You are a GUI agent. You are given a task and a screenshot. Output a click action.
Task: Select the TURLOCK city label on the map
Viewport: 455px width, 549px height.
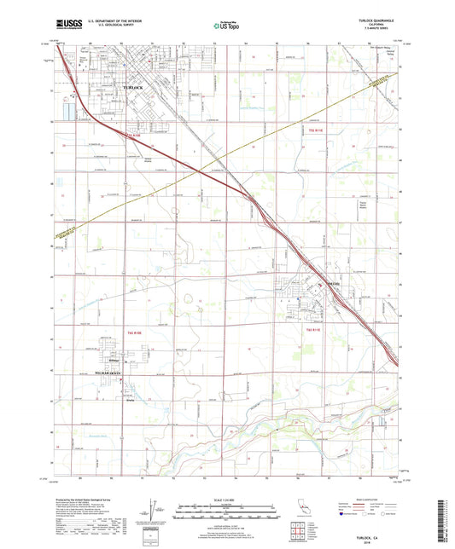point(134,88)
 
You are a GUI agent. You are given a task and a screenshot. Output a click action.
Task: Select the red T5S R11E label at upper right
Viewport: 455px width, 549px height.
point(316,130)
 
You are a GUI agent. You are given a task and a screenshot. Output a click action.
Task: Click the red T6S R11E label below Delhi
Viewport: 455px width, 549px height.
point(313,329)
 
